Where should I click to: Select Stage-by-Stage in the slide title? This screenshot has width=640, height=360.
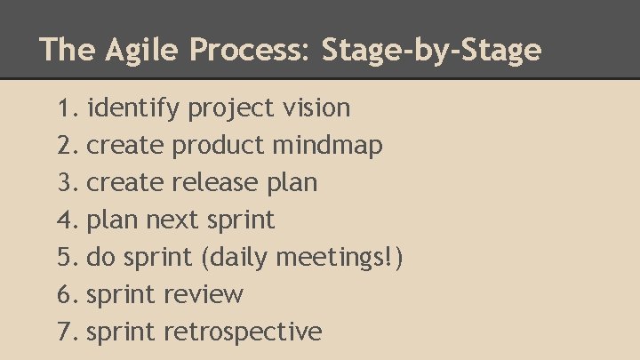tap(432, 50)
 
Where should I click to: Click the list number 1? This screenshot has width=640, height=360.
tap(66, 108)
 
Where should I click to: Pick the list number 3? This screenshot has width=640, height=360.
tap(66, 183)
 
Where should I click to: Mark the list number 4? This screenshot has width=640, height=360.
tap(66, 220)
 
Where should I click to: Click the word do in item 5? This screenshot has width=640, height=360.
tap(101, 258)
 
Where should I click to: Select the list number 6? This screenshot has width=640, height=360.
tap(66, 294)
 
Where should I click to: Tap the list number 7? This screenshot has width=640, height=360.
tap(66, 332)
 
